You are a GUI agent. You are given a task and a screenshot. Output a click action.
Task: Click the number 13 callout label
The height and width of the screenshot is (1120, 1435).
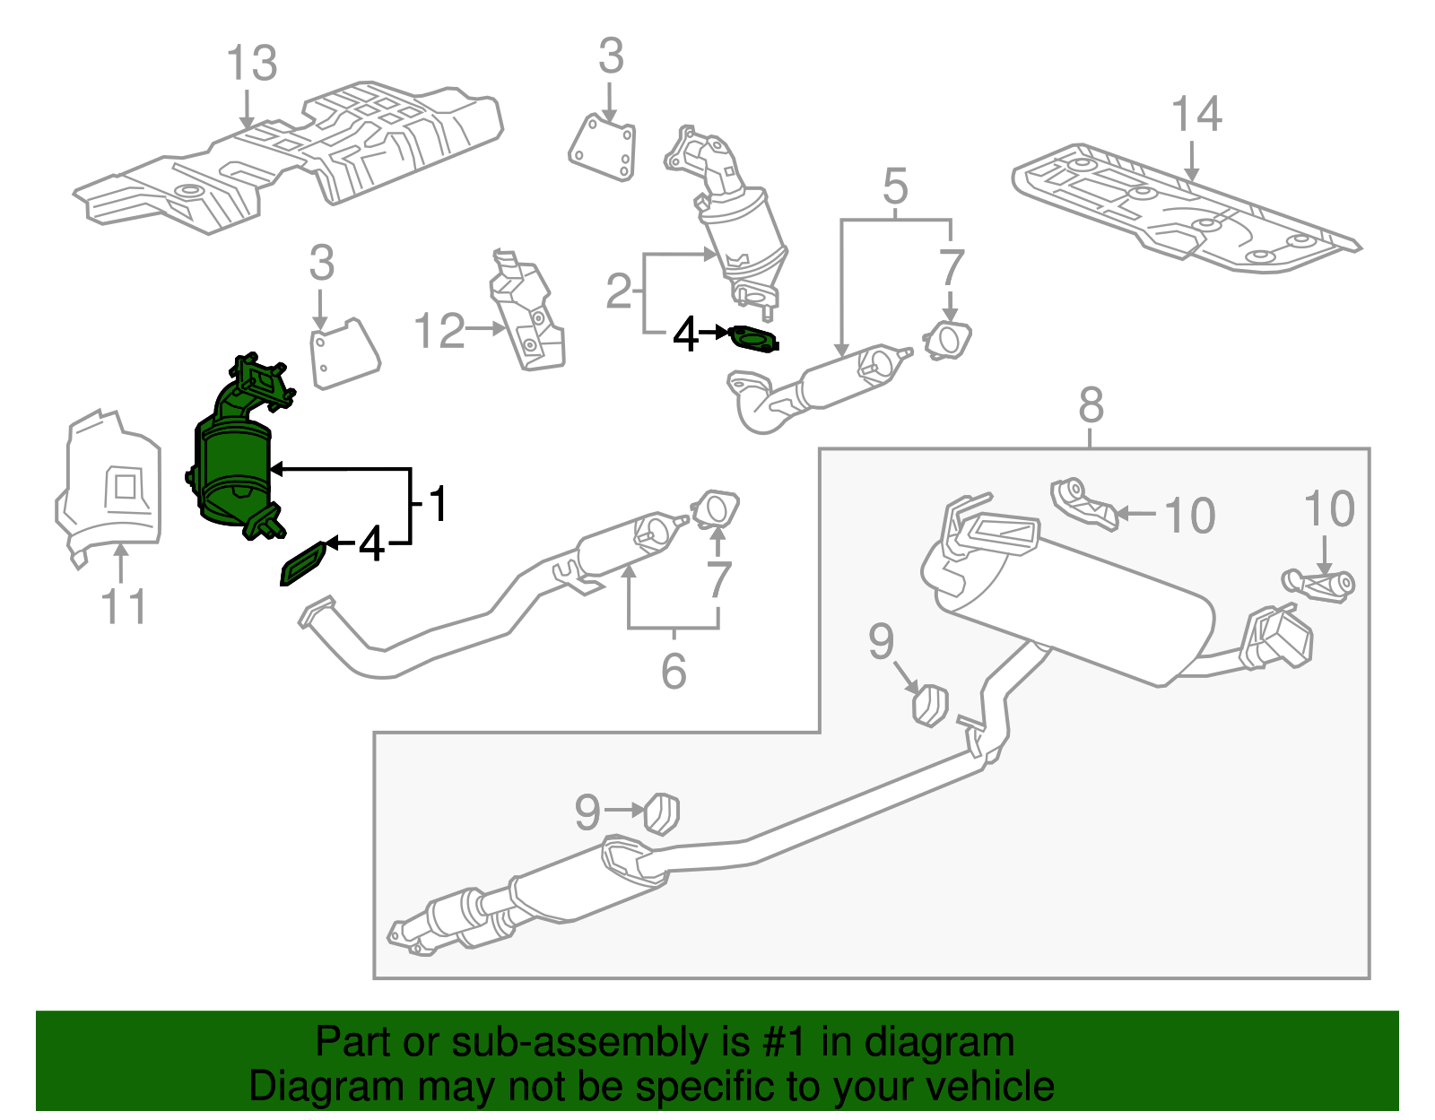tap(251, 65)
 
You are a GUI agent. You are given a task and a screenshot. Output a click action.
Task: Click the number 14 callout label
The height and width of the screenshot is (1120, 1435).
tap(1196, 116)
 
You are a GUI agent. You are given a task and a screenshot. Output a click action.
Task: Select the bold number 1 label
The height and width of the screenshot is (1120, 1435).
tap(437, 504)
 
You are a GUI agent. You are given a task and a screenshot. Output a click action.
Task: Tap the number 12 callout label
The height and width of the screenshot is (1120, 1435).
tap(439, 332)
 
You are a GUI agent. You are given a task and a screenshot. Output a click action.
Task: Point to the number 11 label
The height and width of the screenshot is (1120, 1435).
tap(124, 607)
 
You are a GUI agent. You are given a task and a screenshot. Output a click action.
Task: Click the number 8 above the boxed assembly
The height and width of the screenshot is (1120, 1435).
tap(1091, 405)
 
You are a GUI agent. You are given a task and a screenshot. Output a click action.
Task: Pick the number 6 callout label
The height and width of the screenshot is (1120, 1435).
tap(674, 672)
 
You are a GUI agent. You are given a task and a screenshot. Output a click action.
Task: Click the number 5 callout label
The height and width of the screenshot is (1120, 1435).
tap(895, 187)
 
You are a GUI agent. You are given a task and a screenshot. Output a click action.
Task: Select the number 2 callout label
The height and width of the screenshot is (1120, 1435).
tap(619, 291)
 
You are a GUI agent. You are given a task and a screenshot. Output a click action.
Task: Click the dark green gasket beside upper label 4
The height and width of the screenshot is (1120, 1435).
tap(754, 340)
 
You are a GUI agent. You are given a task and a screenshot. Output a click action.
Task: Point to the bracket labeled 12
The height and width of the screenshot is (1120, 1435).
tap(527, 314)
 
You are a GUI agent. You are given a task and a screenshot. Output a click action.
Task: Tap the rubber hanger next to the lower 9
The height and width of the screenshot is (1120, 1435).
tap(662, 812)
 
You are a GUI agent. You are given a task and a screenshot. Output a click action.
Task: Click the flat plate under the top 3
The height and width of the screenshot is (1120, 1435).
tap(603, 147)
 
